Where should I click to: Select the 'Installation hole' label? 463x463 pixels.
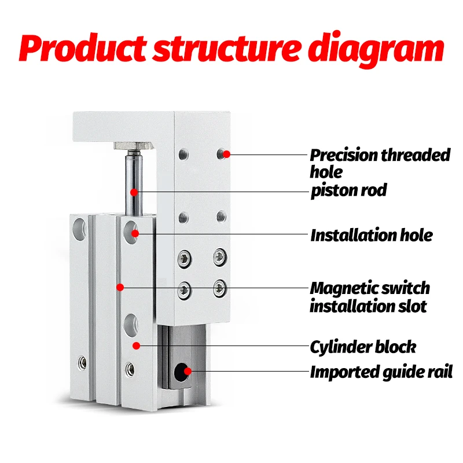pyautogui.click(x=371, y=235)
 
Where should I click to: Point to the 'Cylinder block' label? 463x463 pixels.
pyautogui.click(x=363, y=347)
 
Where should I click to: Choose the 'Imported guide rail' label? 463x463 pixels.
pyautogui.click(x=381, y=372)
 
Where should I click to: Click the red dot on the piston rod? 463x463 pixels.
pyautogui.click(x=134, y=191)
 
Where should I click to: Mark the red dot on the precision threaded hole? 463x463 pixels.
pyautogui.click(x=227, y=154)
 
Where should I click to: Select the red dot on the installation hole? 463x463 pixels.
pyautogui.click(x=135, y=233)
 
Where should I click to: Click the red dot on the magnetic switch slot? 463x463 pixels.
pyautogui.click(x=120, y=286)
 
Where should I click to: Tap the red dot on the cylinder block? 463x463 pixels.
pyautogui.click(x=136, y=346)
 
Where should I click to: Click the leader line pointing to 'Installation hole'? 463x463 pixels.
pyautogui.click(x=226, y=234)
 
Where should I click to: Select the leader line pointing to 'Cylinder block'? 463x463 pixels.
pyautogui.click(x=226, y=346)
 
